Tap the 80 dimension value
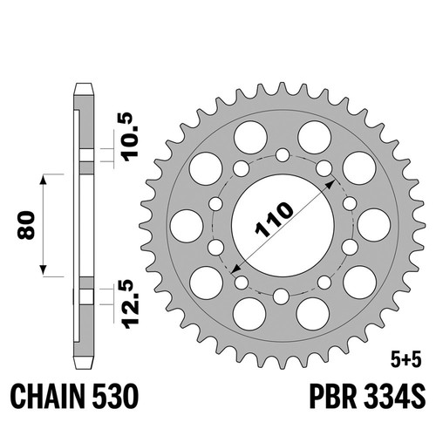click(x=26, y=225)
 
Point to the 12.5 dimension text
click(x=130, y=304)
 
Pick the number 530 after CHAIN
click(x=115, y=397)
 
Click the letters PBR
click(x=333, y=397)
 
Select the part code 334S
click(x=394, y=397)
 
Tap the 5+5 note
click(x=406, y=361)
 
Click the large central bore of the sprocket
click(x=283, y=225)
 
